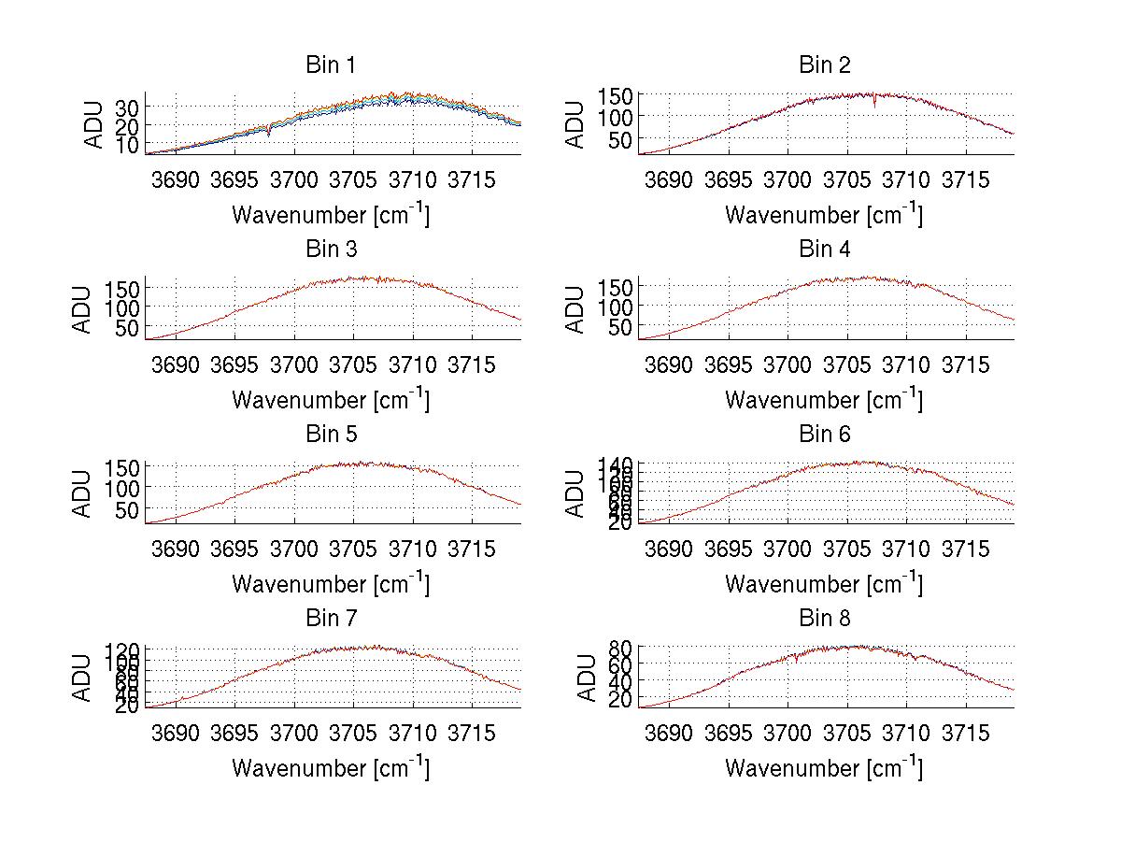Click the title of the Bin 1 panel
pos(331,65)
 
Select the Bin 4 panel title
pos(825,250)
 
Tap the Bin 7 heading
pos(331,619)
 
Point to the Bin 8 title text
pos(825,619)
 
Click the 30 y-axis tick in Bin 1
pos(127,107)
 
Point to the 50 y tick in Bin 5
pos(127,509)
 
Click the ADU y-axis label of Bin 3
pos(84,308)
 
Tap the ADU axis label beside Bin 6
pos(577,492)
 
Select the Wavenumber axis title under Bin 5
pos(331,584)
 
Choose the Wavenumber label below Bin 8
pos(824,768)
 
